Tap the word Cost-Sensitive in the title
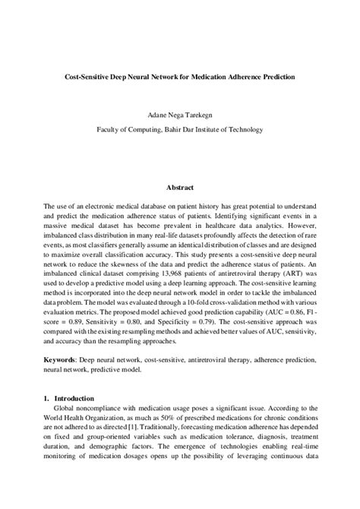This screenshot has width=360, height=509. pos(89,77)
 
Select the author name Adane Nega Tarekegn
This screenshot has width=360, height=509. pos(180,115)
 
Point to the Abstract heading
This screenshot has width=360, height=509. pos(180,188)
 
